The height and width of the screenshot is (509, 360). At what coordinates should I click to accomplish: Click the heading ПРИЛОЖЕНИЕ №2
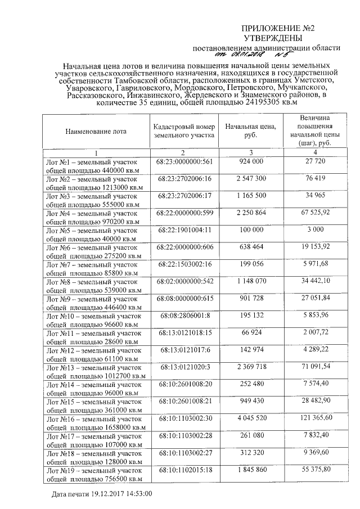coord(277,28)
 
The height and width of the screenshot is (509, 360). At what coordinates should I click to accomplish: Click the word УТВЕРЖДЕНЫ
coord(277,38)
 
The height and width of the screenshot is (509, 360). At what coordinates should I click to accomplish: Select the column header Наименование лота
coord(96,132)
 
